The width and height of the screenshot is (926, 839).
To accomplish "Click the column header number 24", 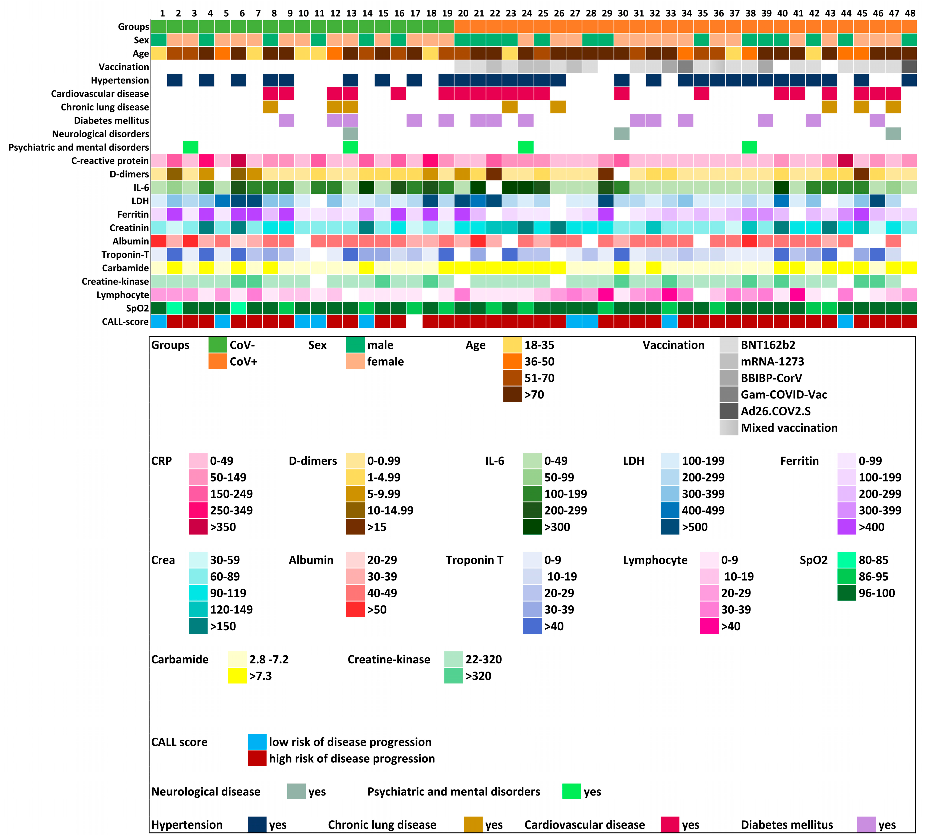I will coord(527,13).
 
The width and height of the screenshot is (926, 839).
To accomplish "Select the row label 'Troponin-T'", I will coord(125,255).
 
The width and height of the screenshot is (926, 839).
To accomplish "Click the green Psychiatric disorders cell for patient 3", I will coord(191,147).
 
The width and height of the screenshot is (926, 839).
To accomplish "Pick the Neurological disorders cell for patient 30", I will coord(622,134).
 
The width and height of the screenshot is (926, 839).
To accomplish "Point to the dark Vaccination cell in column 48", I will coord(909,67).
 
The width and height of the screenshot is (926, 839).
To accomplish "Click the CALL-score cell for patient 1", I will coord(159,322).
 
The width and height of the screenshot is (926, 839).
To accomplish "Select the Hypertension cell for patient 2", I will coord(174,80).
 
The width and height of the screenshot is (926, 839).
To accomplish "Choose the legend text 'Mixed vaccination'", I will coord(789,428).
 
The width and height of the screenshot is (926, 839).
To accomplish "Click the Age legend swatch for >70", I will coord(513,395).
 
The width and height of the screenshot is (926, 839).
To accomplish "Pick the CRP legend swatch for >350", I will coord(198,527).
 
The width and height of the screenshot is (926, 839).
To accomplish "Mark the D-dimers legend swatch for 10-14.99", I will coord(355,510).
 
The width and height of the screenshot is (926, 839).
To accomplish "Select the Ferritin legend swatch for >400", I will coord(847,527).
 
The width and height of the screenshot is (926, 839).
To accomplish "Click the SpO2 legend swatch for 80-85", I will coord(847,560).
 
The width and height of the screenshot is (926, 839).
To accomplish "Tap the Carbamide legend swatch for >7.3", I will coord(237,676).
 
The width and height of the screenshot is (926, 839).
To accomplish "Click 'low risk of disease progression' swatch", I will coord(257,742).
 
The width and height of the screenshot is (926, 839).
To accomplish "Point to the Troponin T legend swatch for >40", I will coord(532,626).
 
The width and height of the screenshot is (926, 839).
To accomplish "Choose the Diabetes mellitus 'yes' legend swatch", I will coord(866,825).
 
